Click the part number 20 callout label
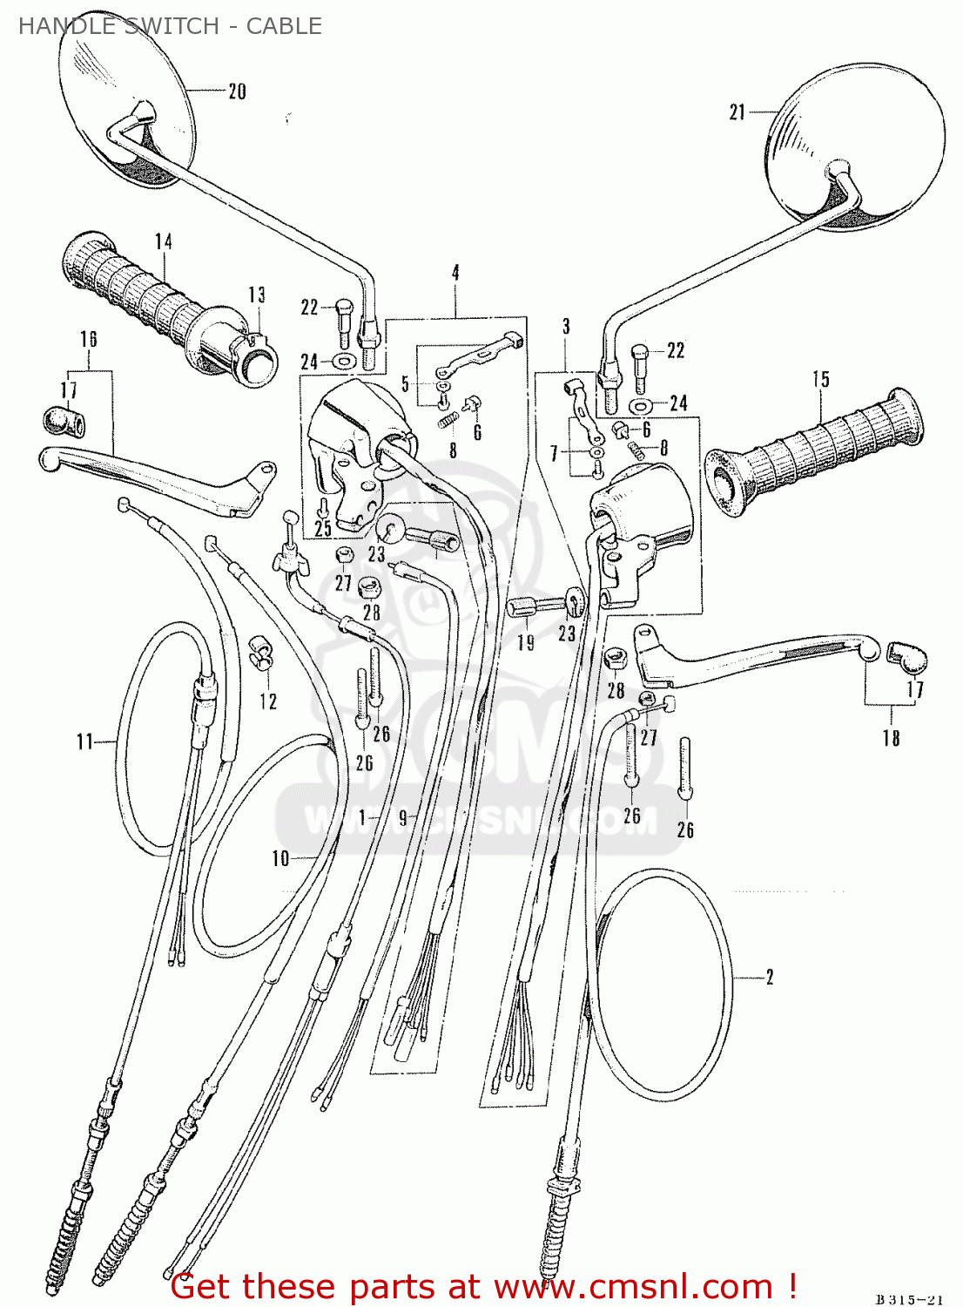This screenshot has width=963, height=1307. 237,91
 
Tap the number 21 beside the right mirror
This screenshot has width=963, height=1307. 737,112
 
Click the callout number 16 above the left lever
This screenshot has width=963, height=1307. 89,339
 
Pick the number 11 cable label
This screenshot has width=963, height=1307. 84,742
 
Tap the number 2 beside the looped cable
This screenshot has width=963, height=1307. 770,977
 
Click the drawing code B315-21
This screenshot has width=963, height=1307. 909,1299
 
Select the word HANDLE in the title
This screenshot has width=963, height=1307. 54,26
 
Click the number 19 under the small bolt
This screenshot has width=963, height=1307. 526,643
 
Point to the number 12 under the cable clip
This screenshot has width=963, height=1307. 268,701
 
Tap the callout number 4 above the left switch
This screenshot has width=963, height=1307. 455,273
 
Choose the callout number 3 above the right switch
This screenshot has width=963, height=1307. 566,327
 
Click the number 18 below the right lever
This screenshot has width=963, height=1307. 891,738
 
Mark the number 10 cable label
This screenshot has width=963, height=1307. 280,858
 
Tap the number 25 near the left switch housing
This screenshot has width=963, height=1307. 323,528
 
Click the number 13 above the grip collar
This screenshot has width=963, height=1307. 256,295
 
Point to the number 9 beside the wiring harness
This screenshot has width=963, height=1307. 402,818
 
